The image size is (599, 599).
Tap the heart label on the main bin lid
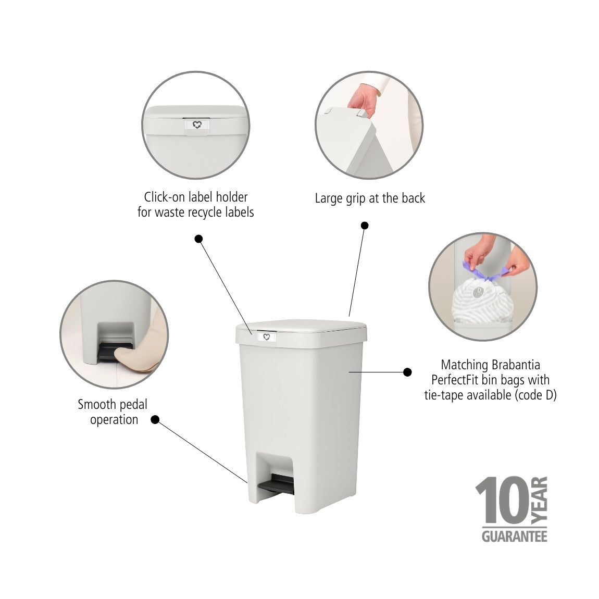[x=266, y=336]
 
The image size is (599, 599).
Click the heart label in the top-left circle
[x=197, y=125]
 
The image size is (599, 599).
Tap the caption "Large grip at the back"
[x=370, y=198]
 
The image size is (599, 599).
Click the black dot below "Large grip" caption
[x=365, y=226]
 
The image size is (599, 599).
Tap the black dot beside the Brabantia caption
[x=407, y=372]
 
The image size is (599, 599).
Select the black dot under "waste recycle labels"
[x=198, y=239]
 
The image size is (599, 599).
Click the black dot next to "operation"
[x=155, y=419]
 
